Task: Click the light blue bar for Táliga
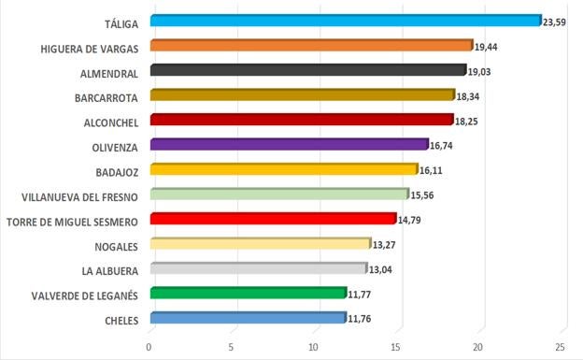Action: tap(346, 21)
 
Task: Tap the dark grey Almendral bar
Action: tap(307, 70)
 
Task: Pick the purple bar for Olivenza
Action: tap(289, 144)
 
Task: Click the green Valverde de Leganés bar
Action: tap(248, 293)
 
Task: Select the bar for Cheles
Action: tap(248, 318)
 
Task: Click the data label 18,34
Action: tap(468, 96)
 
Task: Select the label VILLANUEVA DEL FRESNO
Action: tap(79, 196)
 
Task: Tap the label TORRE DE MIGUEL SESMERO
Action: tap(72, 222)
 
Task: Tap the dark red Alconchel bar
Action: tap(301, 120)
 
